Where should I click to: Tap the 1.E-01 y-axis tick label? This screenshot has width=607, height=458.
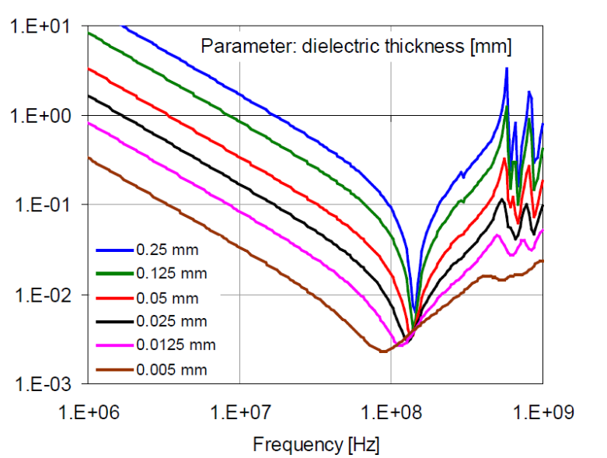click(x=40, y=205)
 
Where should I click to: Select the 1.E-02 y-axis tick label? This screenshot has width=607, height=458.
click(x=40, y=295)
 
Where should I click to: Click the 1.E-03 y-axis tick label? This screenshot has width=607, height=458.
click(x=40, y=384)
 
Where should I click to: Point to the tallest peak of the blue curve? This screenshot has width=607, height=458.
click(x=507, y=69)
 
